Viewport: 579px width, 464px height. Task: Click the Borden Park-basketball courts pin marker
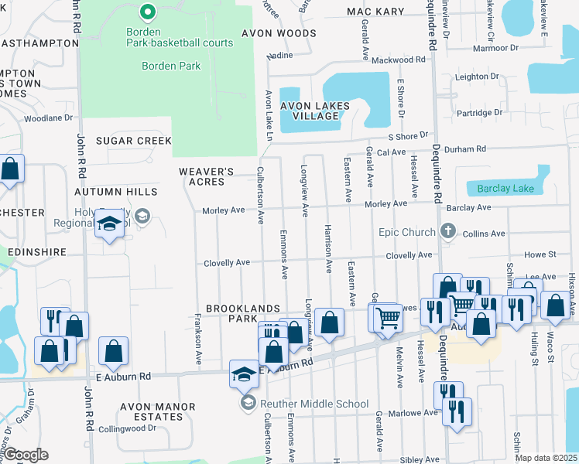(147, 12)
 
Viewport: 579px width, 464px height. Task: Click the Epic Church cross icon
(447, 230)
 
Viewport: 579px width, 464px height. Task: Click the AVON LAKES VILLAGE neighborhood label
(315, 111)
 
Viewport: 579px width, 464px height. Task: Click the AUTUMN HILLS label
(116, 192)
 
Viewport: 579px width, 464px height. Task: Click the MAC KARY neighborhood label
(375, 12)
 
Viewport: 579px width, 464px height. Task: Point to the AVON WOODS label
(279, 34)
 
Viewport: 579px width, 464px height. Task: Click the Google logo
(25, 455)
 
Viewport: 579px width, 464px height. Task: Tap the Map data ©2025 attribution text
(546, 458)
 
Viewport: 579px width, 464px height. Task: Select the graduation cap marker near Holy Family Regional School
(110, 225)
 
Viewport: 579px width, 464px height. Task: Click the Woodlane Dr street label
(48, 118)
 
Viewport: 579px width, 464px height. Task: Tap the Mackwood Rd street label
(399, 60)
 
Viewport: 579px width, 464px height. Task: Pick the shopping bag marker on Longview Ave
(329, 323)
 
